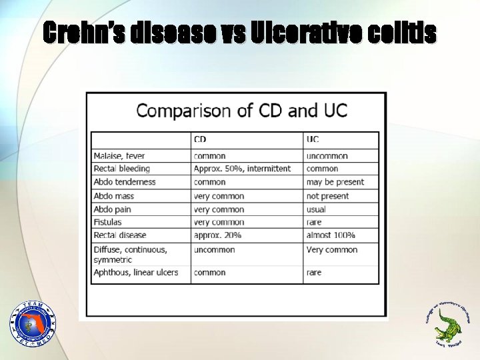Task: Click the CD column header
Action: tap(200, 139)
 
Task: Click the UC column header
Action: tap(313, 139)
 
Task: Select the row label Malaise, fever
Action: tap(119, 155)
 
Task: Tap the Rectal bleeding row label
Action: tap(122, 169)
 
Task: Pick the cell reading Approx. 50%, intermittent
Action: tap(242, 169)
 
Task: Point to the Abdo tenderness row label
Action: tap(125, 182)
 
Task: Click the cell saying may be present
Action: tap(335, 182)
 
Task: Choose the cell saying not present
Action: tap(327, 196)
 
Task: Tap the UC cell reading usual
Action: tap(316, 209)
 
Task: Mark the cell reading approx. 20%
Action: tap(217, 235)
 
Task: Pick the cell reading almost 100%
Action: tap(331, 235)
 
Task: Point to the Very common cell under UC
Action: tap(332, 250)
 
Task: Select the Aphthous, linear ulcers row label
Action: tap(136, 273)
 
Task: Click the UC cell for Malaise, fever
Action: tap(327, 155)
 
